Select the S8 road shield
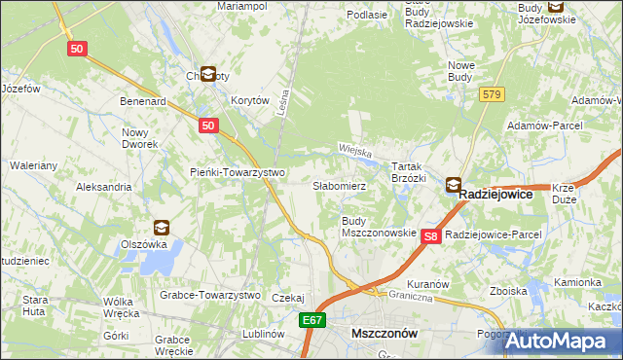click(x=433, y=235)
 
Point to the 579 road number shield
click(x=492, y=93)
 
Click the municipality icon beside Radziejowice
click(x=454, y=184)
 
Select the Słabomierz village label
click(x=339, y=185)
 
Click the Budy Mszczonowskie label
click(x=379, y=228)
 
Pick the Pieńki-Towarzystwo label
click(x=237, y=172)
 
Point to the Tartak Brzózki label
click(x=409, y=172)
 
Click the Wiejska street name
click(x=356, y=152)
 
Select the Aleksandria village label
click(x=103, y=186)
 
